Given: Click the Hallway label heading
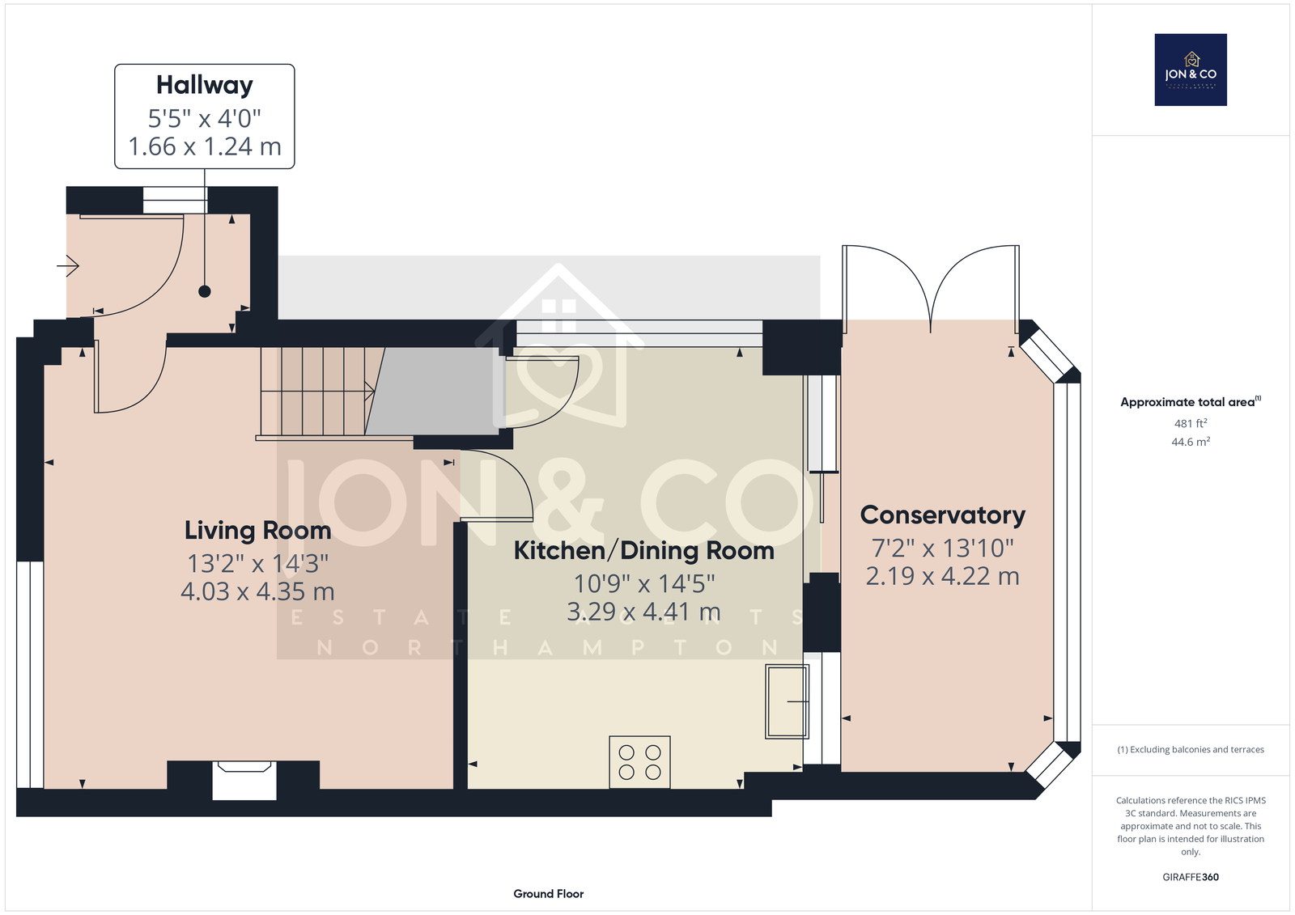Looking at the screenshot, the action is [205, 86].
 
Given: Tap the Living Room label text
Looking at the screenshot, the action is [258, 531].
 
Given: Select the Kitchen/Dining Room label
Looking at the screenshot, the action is [644, 551].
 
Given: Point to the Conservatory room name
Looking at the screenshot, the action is [942, 515].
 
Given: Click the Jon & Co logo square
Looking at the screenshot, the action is [1191, 70].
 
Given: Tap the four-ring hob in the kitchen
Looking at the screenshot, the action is [640, 762].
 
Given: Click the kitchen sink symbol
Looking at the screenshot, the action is [787, 701].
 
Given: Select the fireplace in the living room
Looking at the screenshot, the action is [244, 781].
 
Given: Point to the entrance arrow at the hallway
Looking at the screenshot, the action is [68, 266].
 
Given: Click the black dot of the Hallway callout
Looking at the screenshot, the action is [205, 291].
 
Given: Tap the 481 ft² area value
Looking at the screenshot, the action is [1191, 423].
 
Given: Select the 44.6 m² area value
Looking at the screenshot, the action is [1191, 442].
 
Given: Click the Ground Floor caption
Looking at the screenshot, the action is [549, 894].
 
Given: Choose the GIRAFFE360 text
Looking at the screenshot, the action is [1191, 877].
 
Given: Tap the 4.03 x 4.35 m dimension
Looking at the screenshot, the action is [258, 591].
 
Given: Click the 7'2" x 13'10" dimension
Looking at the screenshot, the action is [942, 548].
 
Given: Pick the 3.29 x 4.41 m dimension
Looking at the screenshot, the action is [644, 612].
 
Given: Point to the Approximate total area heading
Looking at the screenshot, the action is [1191, 402].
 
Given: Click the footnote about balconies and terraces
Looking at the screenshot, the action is [1191, 750].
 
